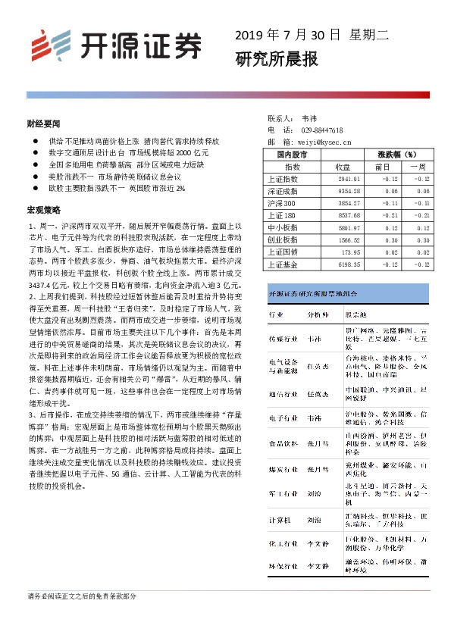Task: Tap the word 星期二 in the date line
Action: tap(368, 34)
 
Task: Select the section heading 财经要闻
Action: tap(42, 122)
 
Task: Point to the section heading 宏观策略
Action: tap(42, 208)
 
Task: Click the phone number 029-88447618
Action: tap(322, 130)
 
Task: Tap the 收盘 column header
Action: tap(342, 166)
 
